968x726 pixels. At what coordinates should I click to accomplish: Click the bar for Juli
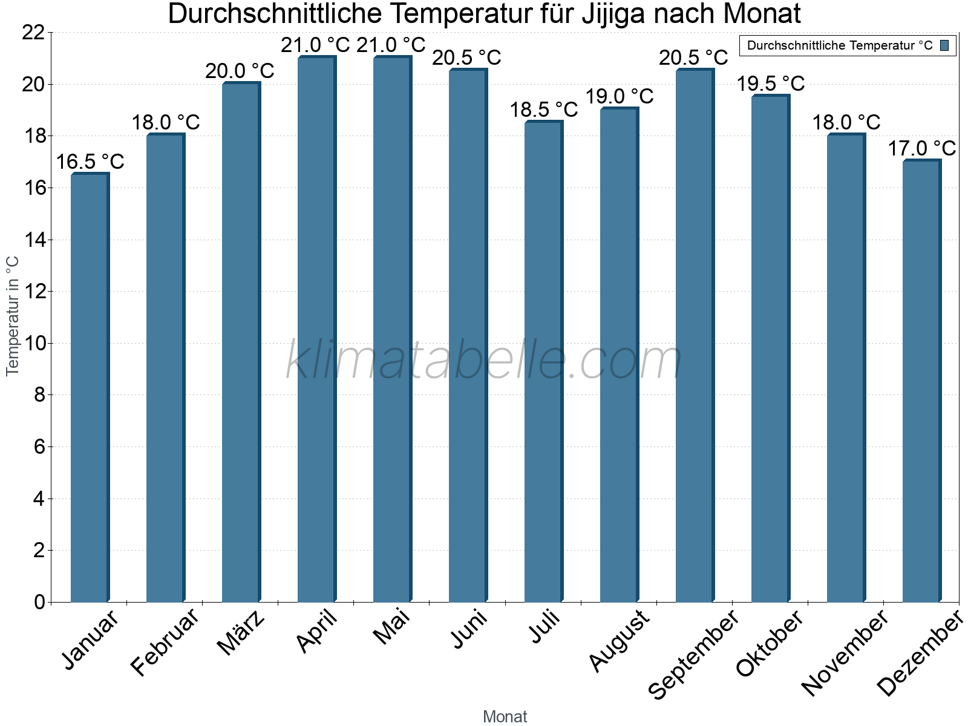coord(543,362)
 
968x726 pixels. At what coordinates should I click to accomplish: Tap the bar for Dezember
coord(921,381)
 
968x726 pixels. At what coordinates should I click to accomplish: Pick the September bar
coord(695,336)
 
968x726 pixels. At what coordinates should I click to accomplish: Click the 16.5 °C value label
coord(90,162)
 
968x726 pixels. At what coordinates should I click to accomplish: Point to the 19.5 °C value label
coord(771,83)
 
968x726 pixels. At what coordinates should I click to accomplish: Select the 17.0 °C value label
coord(921,149)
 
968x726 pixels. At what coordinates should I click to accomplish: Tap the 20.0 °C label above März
coord(240,71)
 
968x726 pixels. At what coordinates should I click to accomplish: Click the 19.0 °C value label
coord(620,97)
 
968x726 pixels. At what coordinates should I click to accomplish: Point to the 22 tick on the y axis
coord(33,33)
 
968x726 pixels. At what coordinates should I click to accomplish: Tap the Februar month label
coord(165,643)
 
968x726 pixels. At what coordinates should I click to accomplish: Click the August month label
coord(619,641)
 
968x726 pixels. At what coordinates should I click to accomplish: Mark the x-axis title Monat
coord(505,717)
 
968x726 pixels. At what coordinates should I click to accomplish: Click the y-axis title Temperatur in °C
coord(13,316)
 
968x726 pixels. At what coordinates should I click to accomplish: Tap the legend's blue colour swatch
coord(944,45)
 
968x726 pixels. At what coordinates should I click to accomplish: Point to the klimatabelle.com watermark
coord(484,361)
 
